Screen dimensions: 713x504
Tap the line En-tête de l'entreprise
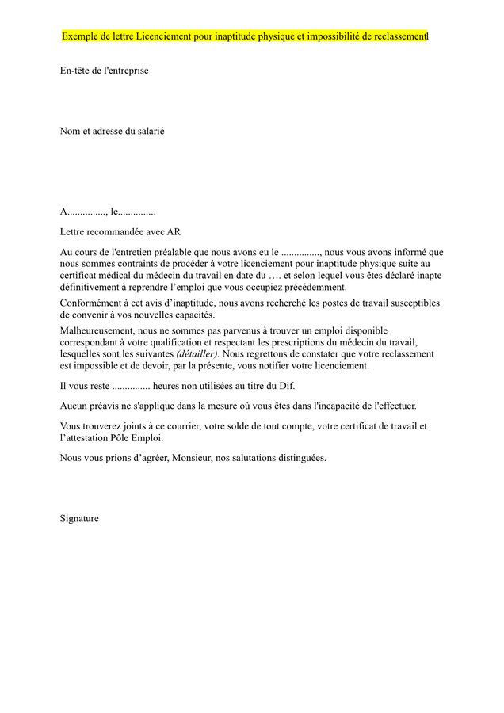(x=104, y=71)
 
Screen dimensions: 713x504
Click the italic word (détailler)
(x=197, y=353)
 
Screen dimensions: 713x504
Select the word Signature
(x=79, y=518)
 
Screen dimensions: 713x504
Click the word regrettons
(x=264, y=353)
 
